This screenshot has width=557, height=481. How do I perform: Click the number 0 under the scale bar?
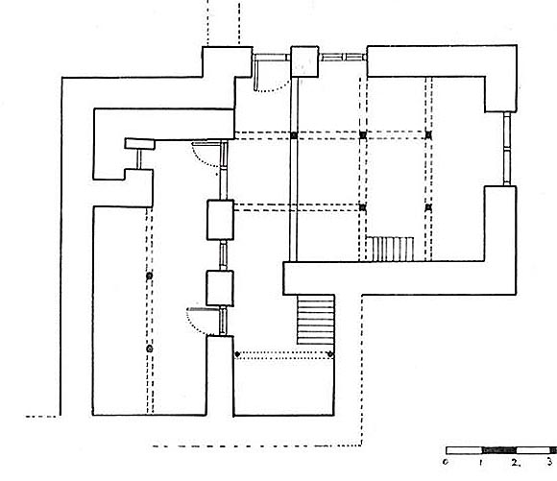point(445,462)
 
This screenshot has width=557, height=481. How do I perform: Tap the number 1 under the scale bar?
point(480,462)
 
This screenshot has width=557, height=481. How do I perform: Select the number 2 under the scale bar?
point(516,462)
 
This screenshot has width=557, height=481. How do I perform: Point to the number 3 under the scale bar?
point(549,462)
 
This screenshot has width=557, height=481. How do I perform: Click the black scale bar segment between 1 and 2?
point(498,450)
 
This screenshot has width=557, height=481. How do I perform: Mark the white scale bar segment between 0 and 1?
point(464,450)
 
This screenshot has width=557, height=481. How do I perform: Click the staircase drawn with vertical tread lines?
point(390,249)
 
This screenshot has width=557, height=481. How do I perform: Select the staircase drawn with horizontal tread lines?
point(316,319)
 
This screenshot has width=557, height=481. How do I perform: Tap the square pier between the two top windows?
point(304,61)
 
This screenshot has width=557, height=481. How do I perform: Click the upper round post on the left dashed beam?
point(149,276)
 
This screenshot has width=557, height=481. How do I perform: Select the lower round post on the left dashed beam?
point(150,349)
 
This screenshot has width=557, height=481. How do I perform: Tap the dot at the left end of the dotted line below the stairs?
point(237,354)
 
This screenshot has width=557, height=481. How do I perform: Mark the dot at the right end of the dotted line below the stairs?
point(330,354)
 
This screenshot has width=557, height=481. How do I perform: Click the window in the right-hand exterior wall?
point(507,149)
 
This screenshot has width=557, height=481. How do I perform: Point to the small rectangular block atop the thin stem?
point(140,144)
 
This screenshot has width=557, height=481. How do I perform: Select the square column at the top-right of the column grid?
point(428,134)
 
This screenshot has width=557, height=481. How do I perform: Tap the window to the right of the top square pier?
point(343,58)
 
